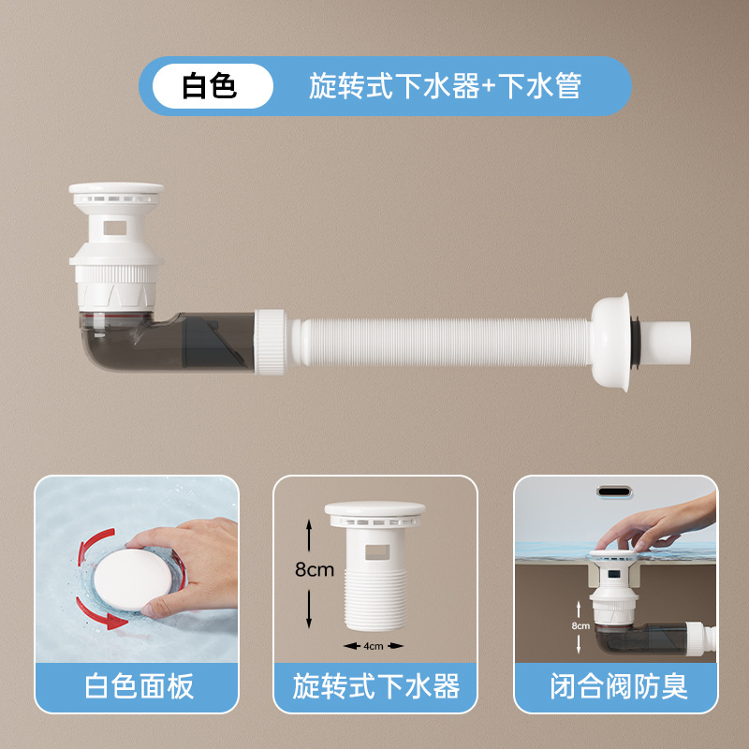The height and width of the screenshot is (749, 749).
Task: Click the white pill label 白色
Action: [209, 86]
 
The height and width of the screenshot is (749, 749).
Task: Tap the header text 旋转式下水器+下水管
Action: [445, 86]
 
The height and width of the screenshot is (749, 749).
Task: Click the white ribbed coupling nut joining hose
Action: [271, 343]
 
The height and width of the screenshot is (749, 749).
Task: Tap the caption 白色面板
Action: [139, 687]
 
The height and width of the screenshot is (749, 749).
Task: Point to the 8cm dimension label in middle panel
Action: [315, 569]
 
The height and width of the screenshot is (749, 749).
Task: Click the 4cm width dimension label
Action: [372, 645]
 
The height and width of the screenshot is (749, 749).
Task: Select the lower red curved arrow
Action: [98, 613]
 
